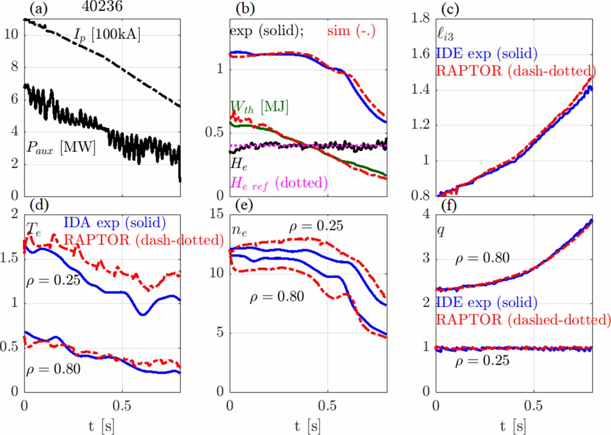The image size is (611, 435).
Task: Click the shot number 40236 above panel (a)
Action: click(x=102, y=6)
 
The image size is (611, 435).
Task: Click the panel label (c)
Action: click(x=450, y=9)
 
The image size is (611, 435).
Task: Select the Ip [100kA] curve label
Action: click(x=107, y=35)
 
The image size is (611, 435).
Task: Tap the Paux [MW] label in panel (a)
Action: click(x=61, y=147)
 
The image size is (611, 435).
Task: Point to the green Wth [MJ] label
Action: click(x=259, y=107)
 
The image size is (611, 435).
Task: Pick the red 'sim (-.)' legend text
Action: click(x=351, y=31)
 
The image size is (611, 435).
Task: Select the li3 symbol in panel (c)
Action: click(x=445, y=34)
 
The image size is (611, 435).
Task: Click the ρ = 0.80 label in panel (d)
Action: click(x=53, y=369)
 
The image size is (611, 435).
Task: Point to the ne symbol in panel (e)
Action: click(x=239, y=230)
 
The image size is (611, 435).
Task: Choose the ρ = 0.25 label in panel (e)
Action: click(x=316, y=226)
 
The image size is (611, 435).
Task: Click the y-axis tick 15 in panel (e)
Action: click(x=217, y=213)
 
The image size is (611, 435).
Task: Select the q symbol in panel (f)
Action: click(x=441, y=230)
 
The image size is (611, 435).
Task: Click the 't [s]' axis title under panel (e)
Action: click(x=308, y=425)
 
